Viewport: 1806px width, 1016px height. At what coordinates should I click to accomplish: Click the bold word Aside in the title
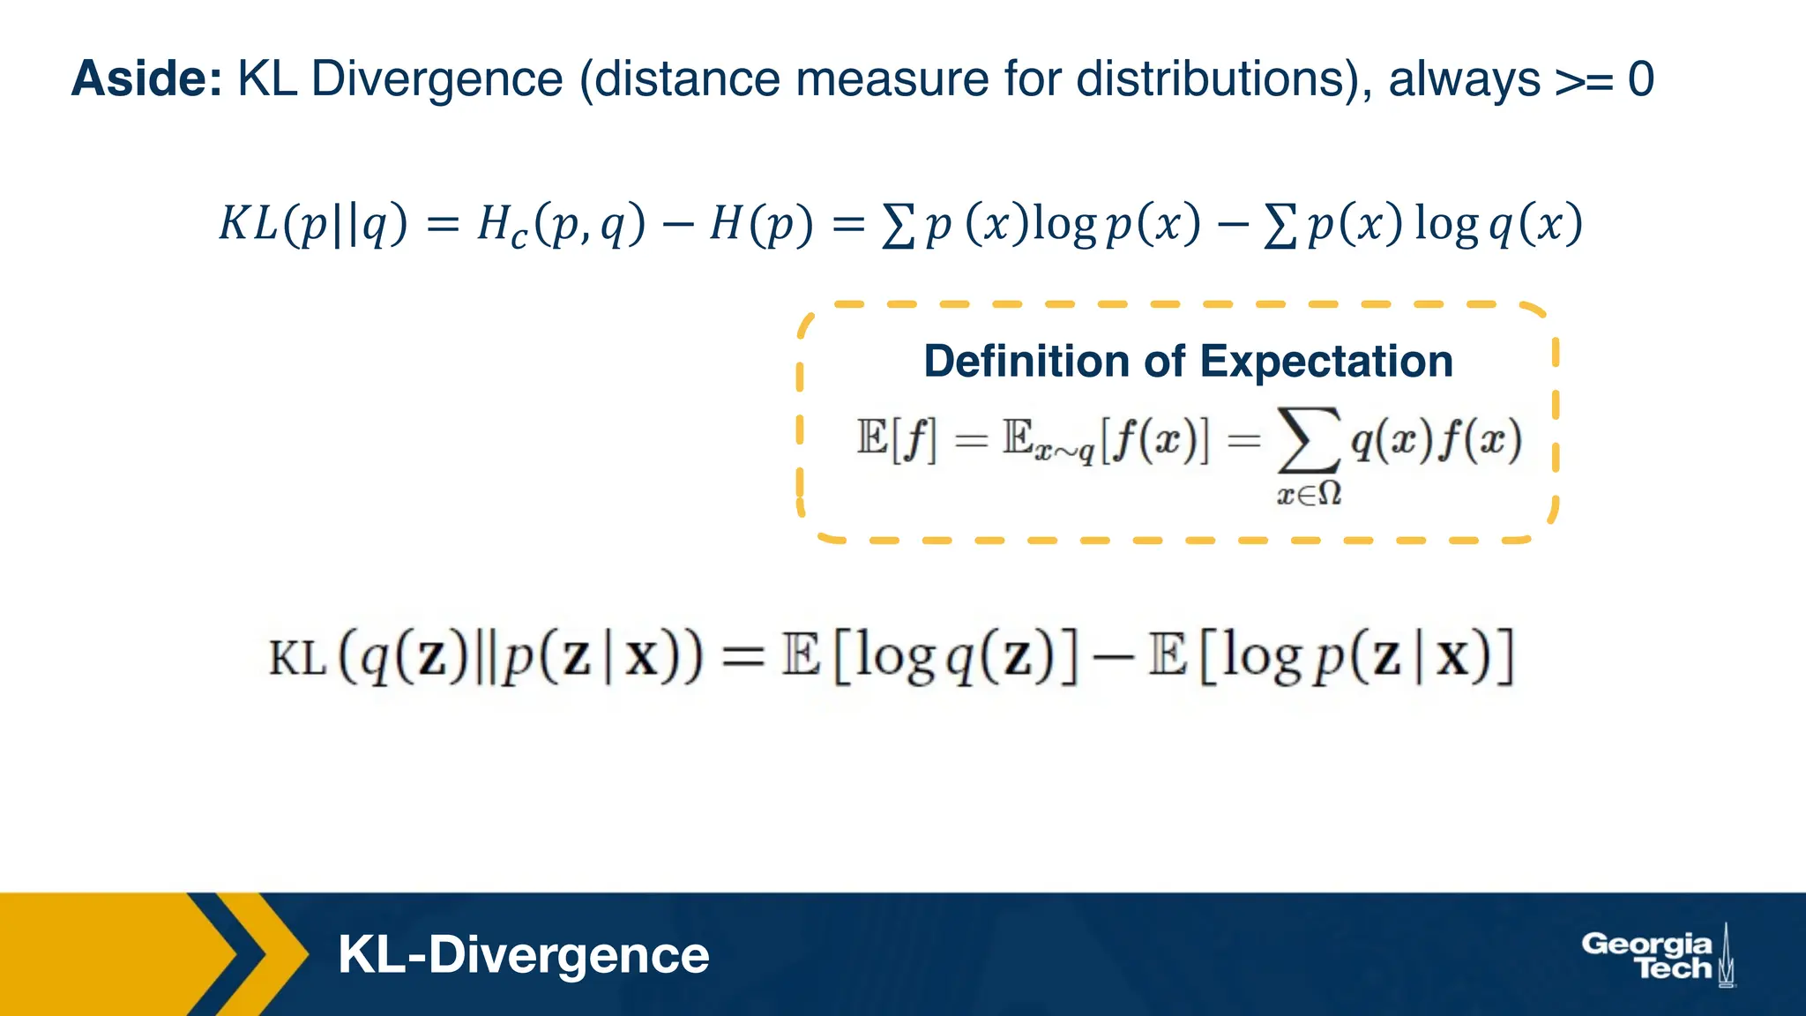click(146, 79)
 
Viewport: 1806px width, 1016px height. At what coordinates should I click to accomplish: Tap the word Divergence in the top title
click(437, 79)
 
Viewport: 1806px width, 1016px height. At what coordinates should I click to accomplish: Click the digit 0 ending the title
click(1640, 79)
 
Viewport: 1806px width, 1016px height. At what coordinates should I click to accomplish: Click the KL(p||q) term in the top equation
click(313, 224)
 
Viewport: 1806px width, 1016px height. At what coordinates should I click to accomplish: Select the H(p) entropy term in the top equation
click(761, 224)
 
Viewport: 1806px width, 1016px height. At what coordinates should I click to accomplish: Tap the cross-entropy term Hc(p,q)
click(561, 224)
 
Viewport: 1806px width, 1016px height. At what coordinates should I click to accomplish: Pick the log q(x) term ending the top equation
click(1498, 224)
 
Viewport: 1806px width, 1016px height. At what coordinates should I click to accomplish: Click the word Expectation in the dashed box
click(1325, 362)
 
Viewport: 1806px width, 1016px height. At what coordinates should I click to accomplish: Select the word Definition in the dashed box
click(1025, 362)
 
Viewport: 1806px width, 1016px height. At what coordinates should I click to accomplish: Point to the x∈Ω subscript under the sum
click(1310, 494)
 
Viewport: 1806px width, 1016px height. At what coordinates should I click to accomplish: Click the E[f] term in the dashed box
click(898, 438)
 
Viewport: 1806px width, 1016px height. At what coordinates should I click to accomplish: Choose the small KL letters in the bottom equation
click(297, 659)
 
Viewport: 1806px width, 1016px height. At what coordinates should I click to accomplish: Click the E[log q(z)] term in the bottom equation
click(929, 657)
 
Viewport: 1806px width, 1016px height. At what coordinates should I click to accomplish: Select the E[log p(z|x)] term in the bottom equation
click(1331, 657)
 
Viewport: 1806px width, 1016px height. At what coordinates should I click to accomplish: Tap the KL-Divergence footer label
click(523, 954)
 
